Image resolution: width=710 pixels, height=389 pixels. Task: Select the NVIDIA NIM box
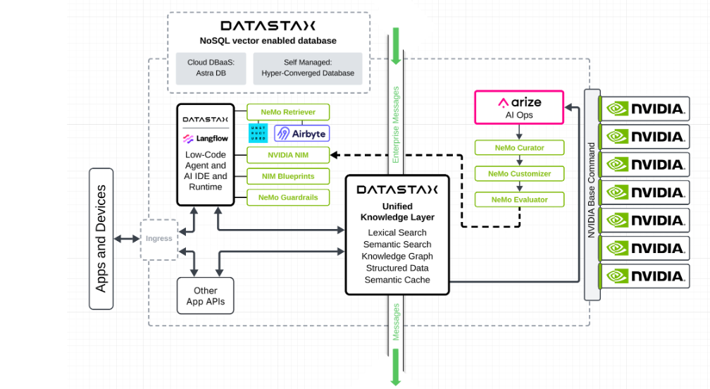287,154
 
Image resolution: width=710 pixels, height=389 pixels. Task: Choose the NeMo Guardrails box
287,197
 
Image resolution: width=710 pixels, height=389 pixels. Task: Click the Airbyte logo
301,133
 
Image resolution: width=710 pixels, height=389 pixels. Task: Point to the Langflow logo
205,139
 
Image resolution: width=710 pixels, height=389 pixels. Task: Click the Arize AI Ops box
519,108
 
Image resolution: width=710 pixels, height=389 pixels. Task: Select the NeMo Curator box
519,147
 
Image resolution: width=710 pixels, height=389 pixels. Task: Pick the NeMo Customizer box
519,173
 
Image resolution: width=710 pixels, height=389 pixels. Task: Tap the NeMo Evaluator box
519,199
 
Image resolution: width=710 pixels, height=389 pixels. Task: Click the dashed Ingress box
158,239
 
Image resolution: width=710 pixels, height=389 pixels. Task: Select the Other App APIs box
205,295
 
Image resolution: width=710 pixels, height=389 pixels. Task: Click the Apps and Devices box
101,239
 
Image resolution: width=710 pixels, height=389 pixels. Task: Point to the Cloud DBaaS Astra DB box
207,68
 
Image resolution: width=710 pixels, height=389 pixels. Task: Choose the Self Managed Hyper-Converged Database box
308,68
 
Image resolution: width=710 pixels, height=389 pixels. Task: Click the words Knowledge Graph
397,256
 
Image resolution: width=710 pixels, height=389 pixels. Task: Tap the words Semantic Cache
397,280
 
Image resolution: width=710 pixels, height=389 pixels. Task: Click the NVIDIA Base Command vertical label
592,190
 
